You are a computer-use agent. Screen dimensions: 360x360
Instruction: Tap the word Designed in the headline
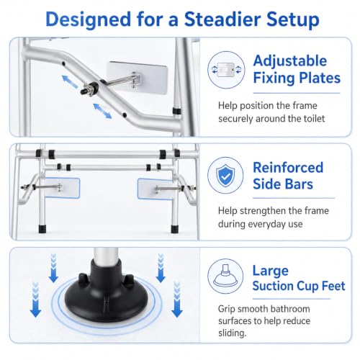pyautogui.click(x=89, y=20)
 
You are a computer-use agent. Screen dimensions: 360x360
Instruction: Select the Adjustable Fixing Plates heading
pyautogui.click(x=297, y=69)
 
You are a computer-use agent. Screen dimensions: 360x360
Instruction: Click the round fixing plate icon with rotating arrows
pyautogui.click(x=226, y=70)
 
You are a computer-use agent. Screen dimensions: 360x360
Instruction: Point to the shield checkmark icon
pyautogui.click(x=225, y=175)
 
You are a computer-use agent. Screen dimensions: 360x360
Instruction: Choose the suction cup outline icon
pyautogui.click(x=225, y=276)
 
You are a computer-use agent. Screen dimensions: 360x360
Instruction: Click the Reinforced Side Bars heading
pyautogui.click(x=288, y=176)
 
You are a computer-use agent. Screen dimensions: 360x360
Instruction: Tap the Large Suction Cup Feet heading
pyautogui.click(x=299, y=279)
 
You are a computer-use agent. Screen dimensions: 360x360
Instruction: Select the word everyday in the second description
pyautogui.click(x=265, y=225)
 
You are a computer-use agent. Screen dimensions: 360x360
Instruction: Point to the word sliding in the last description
pyautogui.click(x=232, y=333)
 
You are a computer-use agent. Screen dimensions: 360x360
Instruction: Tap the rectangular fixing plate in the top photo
pyautogui.click(x=137, y=78)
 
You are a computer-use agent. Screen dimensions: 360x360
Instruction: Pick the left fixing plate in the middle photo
pyautogui.click(x=62, y=188)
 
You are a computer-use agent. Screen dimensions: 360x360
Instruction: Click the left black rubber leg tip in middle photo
pyautogui.click(x=42, y=229)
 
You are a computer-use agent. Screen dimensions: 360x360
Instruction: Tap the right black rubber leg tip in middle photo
pyautogui.click(x=175, y=229)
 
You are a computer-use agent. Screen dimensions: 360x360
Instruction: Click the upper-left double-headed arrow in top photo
pyautogui.click(x=70, y=82)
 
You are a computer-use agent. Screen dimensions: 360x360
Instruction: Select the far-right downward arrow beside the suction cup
pyautogui.click(x=177, y=300)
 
